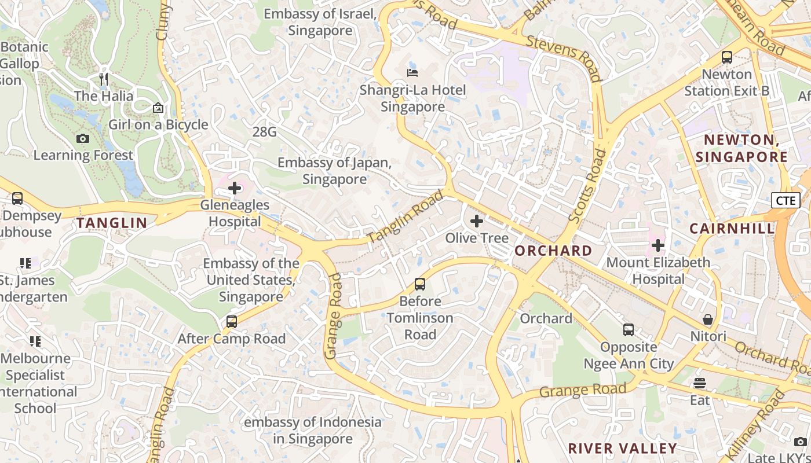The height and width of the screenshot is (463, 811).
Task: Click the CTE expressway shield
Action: tap(786, 200)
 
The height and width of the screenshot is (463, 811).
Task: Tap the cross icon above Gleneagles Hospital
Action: tap(235, 188)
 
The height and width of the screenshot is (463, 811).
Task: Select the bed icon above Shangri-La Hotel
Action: tap(412, 73)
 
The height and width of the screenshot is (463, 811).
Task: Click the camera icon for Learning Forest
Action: tap(83, 138)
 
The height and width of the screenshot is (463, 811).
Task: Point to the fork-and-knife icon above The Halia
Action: tap(104, 79)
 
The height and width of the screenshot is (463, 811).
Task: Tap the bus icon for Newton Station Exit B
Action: tap(727, 57)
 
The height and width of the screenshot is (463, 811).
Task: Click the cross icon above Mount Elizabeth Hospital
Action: tap(657, 245)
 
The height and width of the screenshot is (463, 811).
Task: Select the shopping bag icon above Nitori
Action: tap(708, 319)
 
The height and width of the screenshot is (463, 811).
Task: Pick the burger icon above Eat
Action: tap(700, 383)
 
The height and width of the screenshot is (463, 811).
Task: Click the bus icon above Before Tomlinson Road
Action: tap(420, 284)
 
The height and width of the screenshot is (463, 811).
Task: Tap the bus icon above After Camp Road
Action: tap(232, 322)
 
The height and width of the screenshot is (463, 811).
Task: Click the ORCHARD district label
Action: tap(553, 251)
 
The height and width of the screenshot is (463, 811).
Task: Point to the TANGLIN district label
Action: tap(112, 223)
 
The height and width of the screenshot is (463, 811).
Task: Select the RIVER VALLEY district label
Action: tap(622, 449)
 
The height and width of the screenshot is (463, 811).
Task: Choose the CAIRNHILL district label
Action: tap(732, 229)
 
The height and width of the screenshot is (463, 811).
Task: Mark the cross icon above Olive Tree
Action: tap(477, 221)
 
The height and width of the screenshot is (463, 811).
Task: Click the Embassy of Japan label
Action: tap(334, 171)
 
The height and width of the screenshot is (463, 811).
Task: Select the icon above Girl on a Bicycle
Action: tap(158, 108)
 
